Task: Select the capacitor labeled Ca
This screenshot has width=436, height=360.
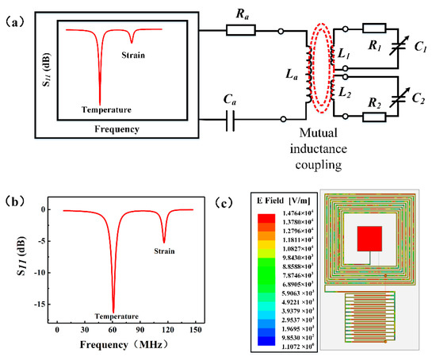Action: [230, 120]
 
